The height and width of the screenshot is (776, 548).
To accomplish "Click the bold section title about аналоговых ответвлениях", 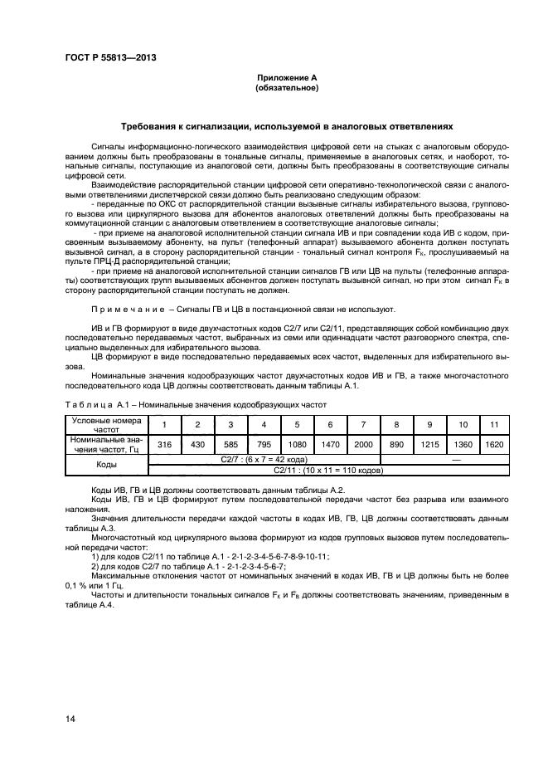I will tap(286, 128).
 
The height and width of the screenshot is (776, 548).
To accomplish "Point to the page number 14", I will tap(70, 719).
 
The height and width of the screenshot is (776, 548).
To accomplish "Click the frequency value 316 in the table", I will tap(164, 445).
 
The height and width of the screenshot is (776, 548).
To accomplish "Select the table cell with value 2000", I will tap(362, 445).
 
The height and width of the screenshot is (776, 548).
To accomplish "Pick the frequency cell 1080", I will tap(297, 445).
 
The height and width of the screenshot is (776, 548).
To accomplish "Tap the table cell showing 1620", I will tap(494, 445).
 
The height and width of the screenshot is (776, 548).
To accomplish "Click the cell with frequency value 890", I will tap(395, 445).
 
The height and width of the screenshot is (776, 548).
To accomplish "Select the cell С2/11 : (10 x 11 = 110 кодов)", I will tap(329, 470).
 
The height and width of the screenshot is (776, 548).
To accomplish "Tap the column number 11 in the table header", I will tap(494, 424).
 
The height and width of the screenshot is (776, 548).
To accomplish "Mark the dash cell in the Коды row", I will tap(444, 459).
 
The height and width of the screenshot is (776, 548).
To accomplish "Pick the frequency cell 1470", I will tap(329, 445).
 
